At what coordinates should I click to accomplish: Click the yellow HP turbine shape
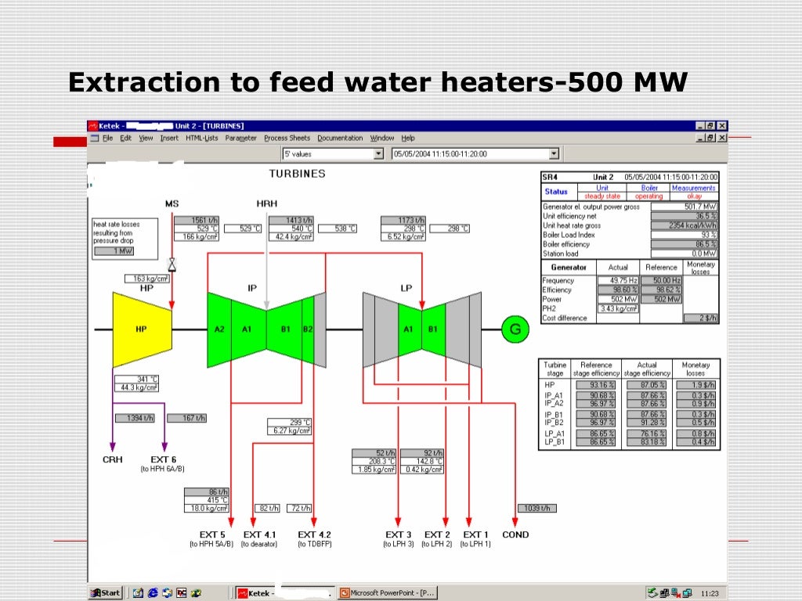click(x=143, y=329)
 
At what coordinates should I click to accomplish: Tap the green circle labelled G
click(x=515, y=329)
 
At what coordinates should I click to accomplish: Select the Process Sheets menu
click(x=287, y=139)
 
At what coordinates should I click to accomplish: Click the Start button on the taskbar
click(x=105, y=592)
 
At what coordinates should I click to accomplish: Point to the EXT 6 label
click(x=163, y=459)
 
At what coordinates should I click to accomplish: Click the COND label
click(x=515, y=534)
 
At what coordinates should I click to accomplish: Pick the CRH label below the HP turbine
click(x=113, y=459)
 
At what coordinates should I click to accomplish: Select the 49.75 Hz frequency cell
click(x=618, y=280)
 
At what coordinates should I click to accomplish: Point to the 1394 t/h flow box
click(x=135, y=418)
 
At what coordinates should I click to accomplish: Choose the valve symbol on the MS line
click(x=172, y=265)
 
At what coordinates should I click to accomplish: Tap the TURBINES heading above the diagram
click(x=297, y=173)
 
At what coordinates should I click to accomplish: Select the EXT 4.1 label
click(x=260, y=534)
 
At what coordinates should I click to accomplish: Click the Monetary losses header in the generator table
click(x=700, y=267)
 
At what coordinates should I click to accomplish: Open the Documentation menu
click(x=340, y=139)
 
